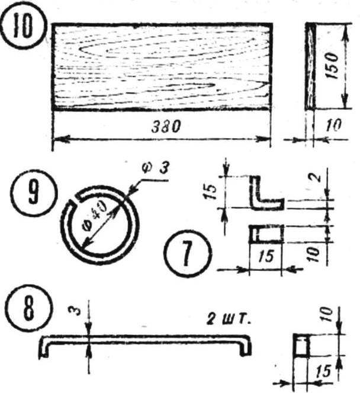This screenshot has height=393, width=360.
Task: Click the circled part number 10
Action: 24,27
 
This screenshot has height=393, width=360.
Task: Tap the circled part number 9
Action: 34,193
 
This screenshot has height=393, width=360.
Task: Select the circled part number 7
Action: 188,253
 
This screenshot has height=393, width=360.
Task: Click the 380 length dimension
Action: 165,126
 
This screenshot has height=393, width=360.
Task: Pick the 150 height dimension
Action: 332,66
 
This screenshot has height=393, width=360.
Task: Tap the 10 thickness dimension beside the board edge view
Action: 333,125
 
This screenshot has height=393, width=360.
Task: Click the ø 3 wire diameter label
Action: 156,168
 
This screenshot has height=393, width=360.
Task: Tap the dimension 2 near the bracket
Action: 317,177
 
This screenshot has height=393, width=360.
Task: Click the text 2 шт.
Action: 229,320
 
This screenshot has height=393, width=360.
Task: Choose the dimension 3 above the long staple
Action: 77,310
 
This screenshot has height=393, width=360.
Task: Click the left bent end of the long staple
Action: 44,347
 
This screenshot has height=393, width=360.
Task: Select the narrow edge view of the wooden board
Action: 310,66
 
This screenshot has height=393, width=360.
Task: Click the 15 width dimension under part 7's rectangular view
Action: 266,256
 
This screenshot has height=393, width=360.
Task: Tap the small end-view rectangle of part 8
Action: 301,346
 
